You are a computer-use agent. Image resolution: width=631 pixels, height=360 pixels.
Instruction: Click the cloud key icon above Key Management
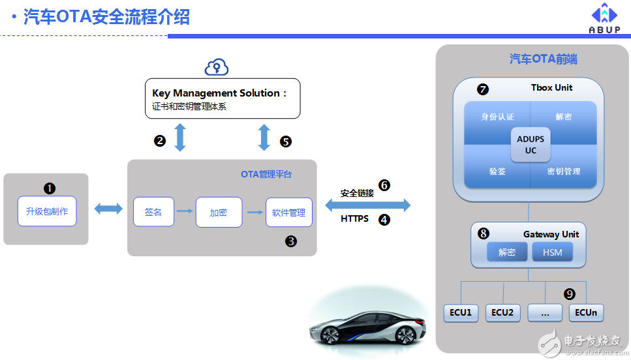(216, 67)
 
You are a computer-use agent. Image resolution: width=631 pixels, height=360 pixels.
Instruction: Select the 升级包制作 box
(47, 211)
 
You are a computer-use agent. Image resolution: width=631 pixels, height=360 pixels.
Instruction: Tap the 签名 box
(153, 212)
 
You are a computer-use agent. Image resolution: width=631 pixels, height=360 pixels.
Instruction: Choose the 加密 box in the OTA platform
(219, 213)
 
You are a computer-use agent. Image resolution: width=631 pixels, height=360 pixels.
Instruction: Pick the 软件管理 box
(289, 213)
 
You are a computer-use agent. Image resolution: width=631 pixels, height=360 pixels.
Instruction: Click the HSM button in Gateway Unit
(552, 252)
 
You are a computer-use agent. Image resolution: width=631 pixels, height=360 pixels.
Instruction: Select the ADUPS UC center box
(531, 145)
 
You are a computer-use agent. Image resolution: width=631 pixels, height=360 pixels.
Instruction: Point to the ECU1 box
(461, 312)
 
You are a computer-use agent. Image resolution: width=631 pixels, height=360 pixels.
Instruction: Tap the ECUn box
(585, 312)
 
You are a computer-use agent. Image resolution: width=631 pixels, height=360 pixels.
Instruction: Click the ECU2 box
(502, 312)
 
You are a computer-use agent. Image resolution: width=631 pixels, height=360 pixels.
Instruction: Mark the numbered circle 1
(50, 188)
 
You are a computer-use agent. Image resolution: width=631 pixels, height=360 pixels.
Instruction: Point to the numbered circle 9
(570, 294)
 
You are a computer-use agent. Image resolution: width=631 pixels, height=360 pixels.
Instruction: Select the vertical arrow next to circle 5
(264, 138)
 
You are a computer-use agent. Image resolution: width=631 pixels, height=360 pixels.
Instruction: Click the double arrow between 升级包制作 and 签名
(108, 209)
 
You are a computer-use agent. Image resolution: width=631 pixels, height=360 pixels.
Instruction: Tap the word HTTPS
(354, 218)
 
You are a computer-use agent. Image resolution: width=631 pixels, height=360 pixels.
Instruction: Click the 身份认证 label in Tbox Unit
(498, 117)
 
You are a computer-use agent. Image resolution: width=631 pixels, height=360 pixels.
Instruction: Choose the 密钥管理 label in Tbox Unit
(564, 171)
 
